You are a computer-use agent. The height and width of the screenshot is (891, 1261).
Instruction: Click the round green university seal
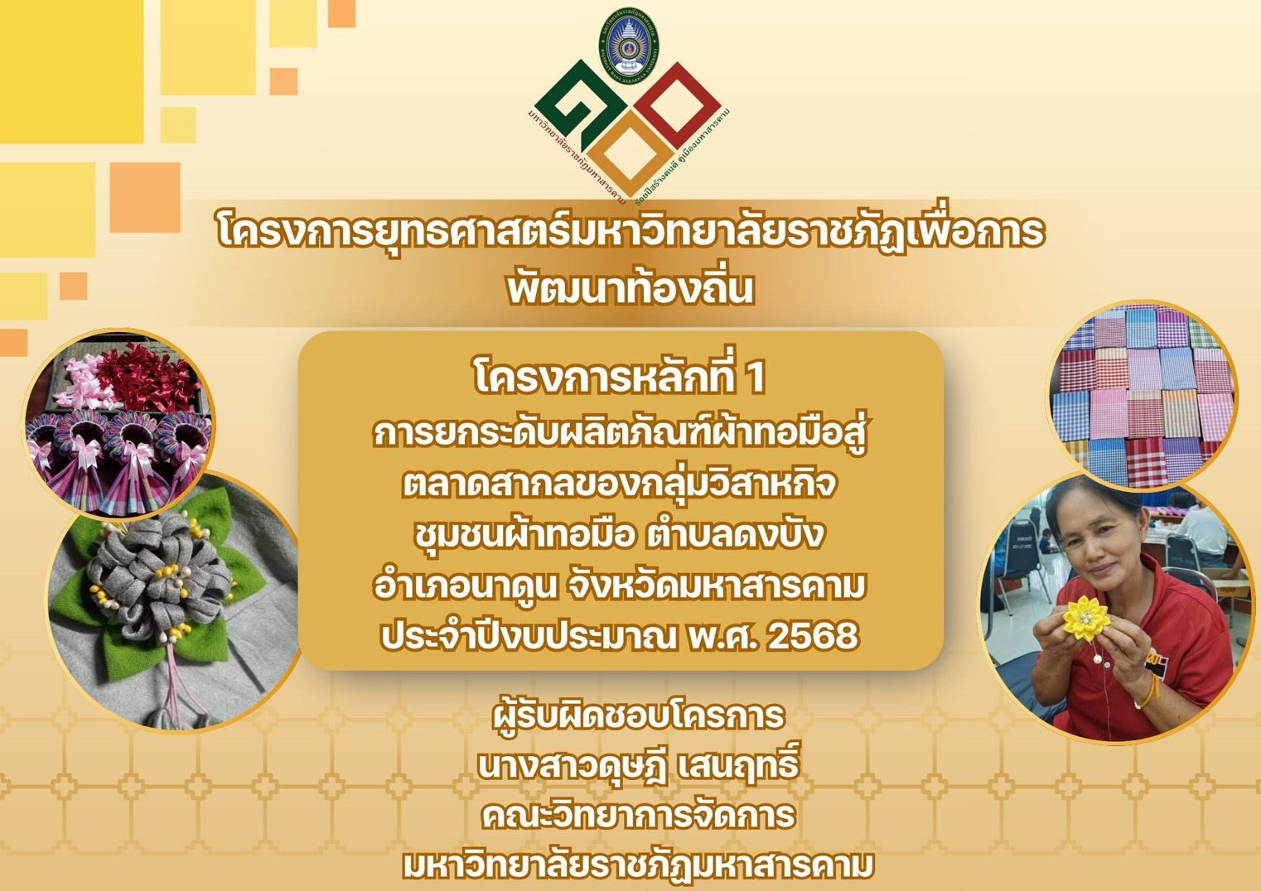pyautogui.click(x=630, y=42)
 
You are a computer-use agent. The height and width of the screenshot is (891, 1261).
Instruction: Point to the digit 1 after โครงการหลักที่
pyautogui.click(x=755, y=378)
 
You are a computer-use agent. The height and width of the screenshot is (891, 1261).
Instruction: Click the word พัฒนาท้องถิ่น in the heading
pyautogui.click(x=630, y=288)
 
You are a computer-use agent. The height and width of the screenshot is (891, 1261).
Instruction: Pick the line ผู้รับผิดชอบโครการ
pyautogui.click(x=638, y=715)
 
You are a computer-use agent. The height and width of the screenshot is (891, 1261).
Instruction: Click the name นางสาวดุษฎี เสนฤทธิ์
pyautogui.click(x=638, y=766)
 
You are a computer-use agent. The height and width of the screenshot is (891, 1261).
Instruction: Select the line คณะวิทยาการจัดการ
pyautogui.click(x=638, y=816)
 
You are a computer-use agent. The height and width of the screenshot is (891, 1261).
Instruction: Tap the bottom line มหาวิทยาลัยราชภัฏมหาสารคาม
pyautogui.click(x=638, y=866)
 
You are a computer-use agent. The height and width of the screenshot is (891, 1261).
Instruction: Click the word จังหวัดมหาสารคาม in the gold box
pyautogui.click(x=717, y=586)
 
